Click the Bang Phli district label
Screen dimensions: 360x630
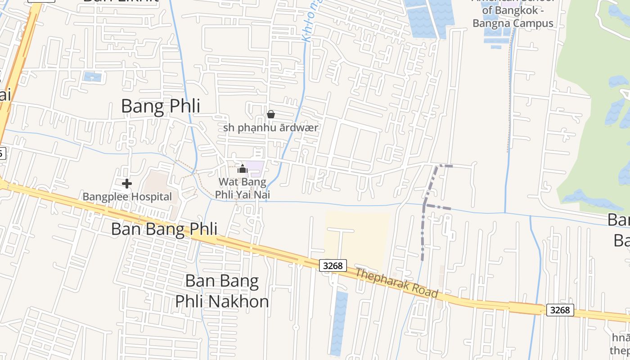click(x=160, y=107)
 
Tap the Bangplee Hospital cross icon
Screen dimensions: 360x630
click(x=127, y=183)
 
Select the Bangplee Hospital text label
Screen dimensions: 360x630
click(x=127, y=197)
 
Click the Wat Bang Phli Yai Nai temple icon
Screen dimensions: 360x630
click(x=243, y=169)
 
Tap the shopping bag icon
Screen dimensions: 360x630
click(x=270, y=114)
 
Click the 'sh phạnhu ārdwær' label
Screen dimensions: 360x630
click(x=270, y=127)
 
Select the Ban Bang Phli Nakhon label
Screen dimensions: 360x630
click(x=222, y=291)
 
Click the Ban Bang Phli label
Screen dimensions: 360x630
click(x=164, y=229)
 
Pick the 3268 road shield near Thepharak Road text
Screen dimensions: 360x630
click(x=333, y=265)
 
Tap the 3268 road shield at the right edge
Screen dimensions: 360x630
click(x=560, y=310)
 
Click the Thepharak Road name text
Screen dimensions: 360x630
click(x=396, y=283)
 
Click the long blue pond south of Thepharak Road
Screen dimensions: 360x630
click(x=339, y=322)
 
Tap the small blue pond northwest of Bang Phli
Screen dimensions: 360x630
click(x=92, y=76)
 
